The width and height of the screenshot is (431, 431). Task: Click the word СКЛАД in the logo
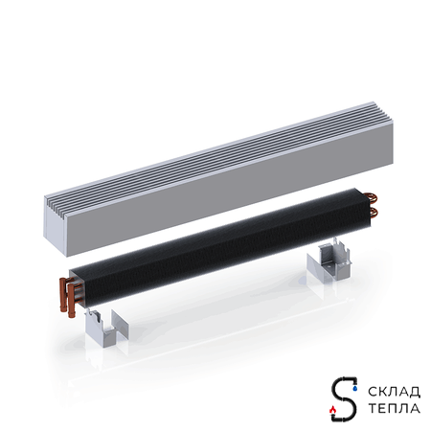pyautogui.click(x=395, y=392)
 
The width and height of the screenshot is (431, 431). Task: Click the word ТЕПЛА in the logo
pyautogui.click(x=395, y=408)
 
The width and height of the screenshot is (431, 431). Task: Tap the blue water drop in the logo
pyautogui.click(x=354, y=388)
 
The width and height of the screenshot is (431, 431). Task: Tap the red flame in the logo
pyautogui.click(x=333, y=409)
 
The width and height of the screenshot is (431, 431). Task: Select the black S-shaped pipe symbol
pyautogui.click(x=344, y=398)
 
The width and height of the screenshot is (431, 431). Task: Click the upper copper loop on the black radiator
pyautogui.click(x=372, y=197)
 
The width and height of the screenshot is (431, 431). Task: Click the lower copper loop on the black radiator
pyautogui.click(x=373, y=212)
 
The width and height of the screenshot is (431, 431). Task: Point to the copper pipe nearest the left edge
pyautogui.click(x=62, y=294)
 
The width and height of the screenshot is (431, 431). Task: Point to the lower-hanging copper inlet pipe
pyautogui.click(x=71, y=300)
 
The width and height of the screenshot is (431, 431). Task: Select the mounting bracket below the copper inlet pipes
pyautogui.click(x=106, y=329)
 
